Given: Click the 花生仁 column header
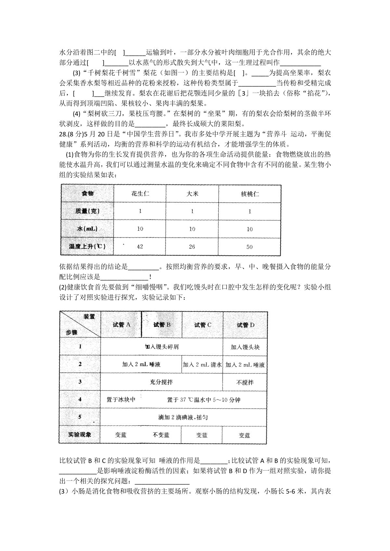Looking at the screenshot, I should pos(140,194).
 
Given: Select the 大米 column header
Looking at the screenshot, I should pos(192,194).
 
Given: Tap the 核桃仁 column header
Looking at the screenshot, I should pos(250,194).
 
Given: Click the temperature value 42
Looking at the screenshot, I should pos(140,246).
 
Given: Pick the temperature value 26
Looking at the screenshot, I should pos(192,247).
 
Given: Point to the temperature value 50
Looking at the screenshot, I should pos(249,247).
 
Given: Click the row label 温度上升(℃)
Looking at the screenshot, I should pos(87,246).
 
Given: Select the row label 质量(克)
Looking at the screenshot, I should pos(87,211).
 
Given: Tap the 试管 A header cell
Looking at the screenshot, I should pos(121,324).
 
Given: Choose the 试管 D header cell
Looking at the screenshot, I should pos(245,325).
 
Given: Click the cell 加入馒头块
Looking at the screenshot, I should pos(245,347).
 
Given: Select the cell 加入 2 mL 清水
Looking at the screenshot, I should pos(202,364).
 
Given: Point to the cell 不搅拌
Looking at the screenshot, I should pos(245,382).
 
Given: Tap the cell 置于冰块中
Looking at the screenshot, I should pos(121,399).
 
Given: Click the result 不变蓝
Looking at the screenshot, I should pos(161,435).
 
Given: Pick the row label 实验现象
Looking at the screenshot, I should pos(80,435).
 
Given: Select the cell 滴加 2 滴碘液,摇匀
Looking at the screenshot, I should pos(183,417).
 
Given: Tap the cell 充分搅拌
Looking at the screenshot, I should pos(161,382).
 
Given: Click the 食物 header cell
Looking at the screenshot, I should pos(87,193).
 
